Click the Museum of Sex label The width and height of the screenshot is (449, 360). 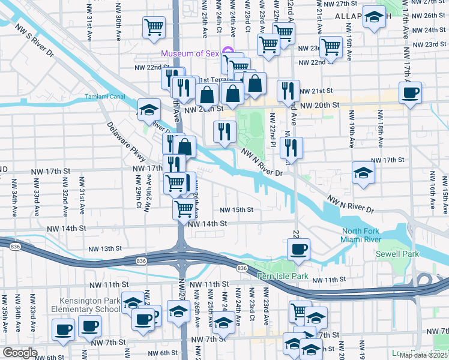tap(190, 53)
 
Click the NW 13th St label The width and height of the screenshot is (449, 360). tap(105, 248)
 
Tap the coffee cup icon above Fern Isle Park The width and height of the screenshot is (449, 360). tap(298, 248)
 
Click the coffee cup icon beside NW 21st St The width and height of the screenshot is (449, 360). tap(411, 92)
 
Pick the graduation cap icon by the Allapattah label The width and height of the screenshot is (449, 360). tap(375, 17)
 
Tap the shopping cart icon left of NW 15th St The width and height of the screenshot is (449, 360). tap(184, 208)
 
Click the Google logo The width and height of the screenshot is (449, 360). tap(20, 353)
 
